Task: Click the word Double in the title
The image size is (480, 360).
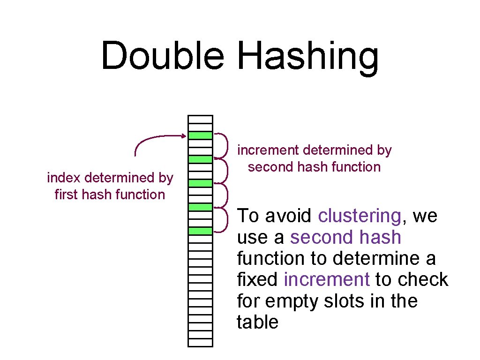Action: (x=163, y=56)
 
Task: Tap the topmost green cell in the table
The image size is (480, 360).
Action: (x=200, y=135)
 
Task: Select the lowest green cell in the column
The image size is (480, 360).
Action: (x=200, y=231)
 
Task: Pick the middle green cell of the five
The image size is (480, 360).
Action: (x=200, y=183)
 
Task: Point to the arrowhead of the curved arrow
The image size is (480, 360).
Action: (x=184, y=136)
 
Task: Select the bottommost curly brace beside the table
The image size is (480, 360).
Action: (x=223, y=219)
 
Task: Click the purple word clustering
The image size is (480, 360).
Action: (x=359, y=216)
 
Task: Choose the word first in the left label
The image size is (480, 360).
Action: (x=65, y=194)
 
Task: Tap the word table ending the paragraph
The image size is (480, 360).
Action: (x=258, y=322)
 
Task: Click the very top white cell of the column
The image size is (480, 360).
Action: (x=200, y=120)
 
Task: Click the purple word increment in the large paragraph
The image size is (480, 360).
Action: (x=327, y=279)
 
